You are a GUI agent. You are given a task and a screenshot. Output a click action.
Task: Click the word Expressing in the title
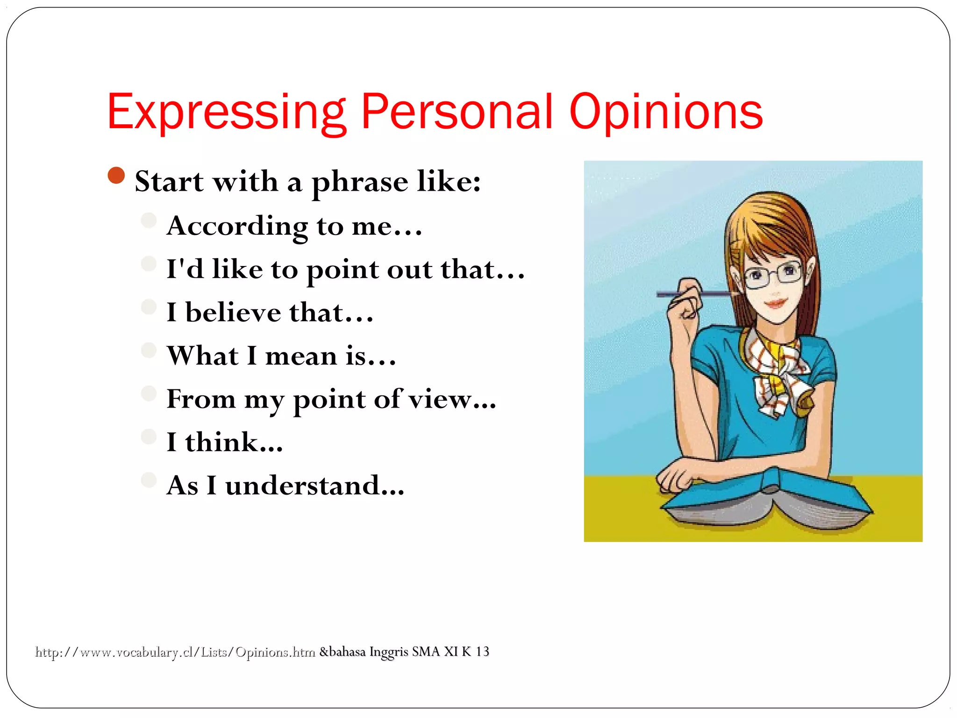[x=226, y=112]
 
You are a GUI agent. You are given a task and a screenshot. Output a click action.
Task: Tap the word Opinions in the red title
[x=666, y=112]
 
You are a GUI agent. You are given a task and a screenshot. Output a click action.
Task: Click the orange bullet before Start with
[x=116, y=175]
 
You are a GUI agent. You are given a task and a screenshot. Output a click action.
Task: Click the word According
[x=237, y=226]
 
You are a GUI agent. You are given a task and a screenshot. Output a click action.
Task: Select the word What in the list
[x=203, y=356]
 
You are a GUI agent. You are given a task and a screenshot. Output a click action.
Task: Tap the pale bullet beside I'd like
[x=149, y=264]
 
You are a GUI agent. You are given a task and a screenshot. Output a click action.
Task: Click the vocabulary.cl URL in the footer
[x=175, y=652]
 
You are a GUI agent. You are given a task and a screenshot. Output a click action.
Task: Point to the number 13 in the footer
[x=482, y=651]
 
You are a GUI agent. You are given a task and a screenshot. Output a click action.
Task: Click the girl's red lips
[x=776, y=303]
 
